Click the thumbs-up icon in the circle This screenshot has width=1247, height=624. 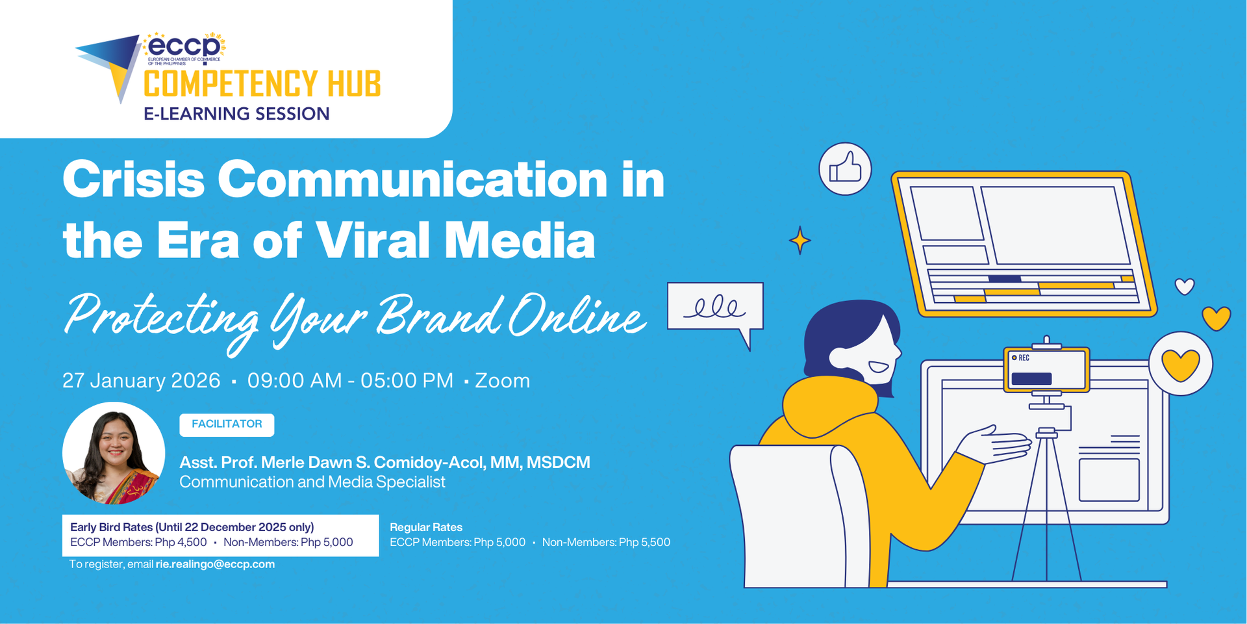(845, 169)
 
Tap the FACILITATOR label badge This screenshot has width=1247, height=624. (227, 424)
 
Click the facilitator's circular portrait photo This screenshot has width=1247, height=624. (114, 453)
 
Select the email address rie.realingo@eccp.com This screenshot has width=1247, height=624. (215, 564)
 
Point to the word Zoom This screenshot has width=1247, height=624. (502, 380)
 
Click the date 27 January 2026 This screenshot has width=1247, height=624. (142, 380)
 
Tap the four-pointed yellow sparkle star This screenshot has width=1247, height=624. (800, 240)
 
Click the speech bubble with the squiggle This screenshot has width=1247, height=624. (715, 307)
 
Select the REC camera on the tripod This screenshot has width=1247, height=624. (1046, 370)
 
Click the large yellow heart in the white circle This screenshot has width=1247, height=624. (1180, 365)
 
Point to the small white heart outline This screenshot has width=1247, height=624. (1185, 286)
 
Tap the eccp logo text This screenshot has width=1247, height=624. (184, 47)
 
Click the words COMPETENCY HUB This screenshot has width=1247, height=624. (262, 84)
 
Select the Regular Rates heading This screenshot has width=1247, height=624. (426, 527)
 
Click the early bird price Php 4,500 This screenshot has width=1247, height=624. (181, 542)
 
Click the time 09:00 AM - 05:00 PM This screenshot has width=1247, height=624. (350, 380)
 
